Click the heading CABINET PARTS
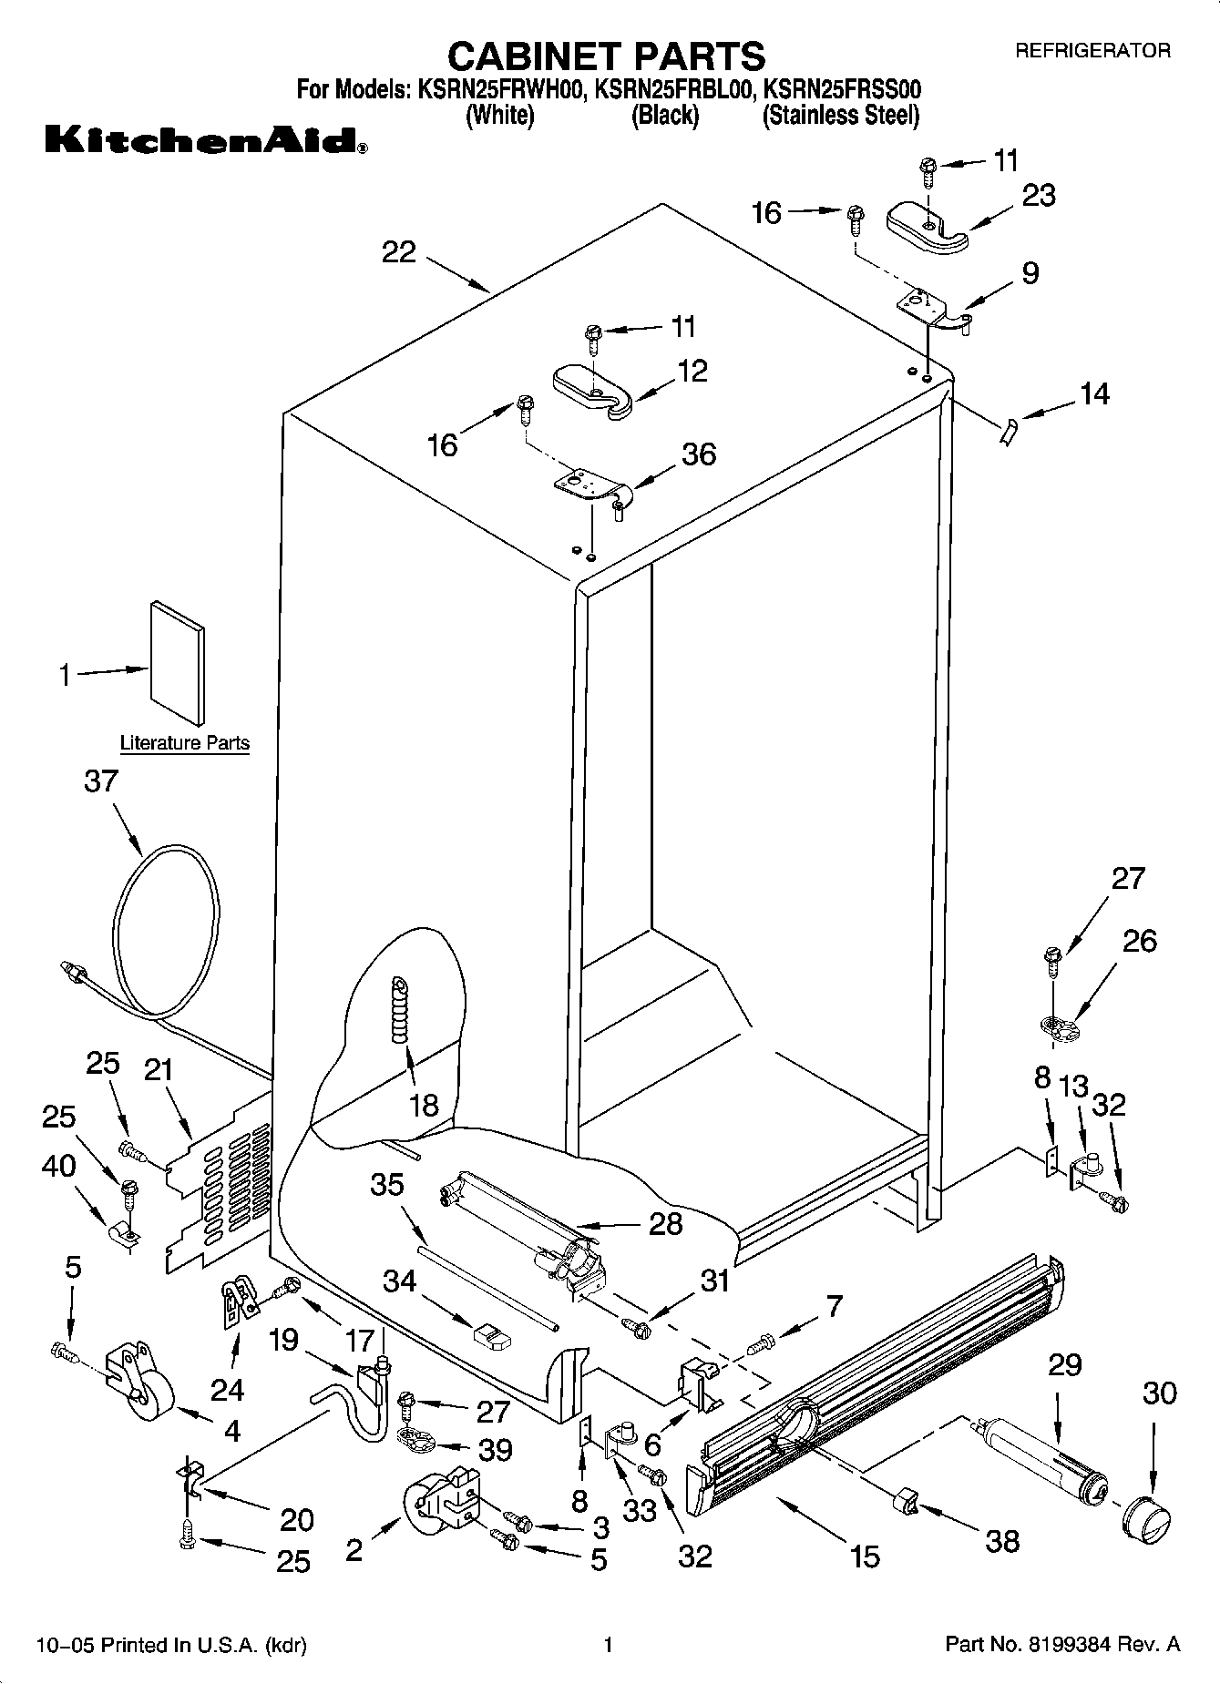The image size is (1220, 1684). pos(606,56)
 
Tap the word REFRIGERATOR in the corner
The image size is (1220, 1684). pos(1092,51)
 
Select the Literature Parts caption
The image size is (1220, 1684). pos(185,743)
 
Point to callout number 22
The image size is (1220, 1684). pos(399,252)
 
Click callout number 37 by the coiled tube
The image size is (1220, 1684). pos(101,781)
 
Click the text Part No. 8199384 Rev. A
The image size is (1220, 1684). pos(1062,1645)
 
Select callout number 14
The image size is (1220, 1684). pos(1094,393)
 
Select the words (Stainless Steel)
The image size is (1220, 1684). pos(840,116)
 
